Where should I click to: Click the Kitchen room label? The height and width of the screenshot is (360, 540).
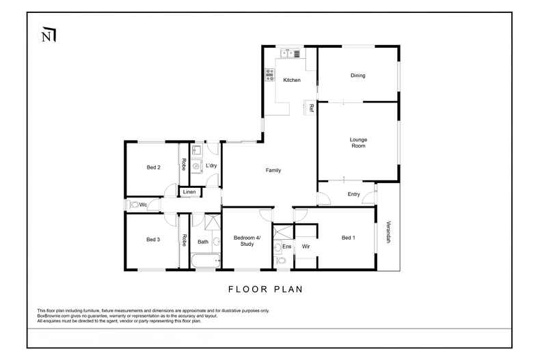click(x=292, y=81)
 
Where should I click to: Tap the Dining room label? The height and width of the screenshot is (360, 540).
click(x=358, y=76)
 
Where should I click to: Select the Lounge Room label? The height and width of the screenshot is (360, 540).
click(x=358, y=143)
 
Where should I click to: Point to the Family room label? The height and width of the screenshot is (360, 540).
click(x=273, y=170)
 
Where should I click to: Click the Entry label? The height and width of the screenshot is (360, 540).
click(x=353, y=195)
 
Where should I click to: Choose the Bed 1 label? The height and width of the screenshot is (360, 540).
click(x=349, y=238)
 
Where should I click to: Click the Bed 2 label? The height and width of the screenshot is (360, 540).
click(x=153, y=167)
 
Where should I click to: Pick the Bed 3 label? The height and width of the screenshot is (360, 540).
click(x=153, y=240)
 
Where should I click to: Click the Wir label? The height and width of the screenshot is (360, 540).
click(x=306, y=246)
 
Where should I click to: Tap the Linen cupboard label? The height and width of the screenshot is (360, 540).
click(x=189, y=193)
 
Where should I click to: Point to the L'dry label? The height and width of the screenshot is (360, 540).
click(x=211, y=165)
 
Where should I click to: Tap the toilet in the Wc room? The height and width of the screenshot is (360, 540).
click(x=135, y=204)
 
